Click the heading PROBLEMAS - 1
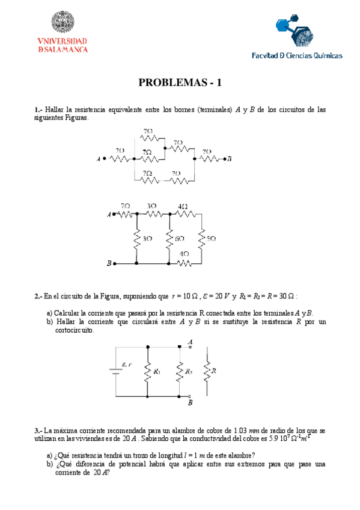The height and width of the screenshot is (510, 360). (180, 83)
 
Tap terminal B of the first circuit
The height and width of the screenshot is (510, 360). (230, 159)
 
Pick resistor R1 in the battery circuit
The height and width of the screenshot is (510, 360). (147, 372)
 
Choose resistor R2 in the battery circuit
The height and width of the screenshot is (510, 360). (179, 372)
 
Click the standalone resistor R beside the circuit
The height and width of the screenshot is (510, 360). (207, 372)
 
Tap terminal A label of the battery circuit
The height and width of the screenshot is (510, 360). (190, 342)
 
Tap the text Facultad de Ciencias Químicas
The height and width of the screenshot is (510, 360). (297, 55)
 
